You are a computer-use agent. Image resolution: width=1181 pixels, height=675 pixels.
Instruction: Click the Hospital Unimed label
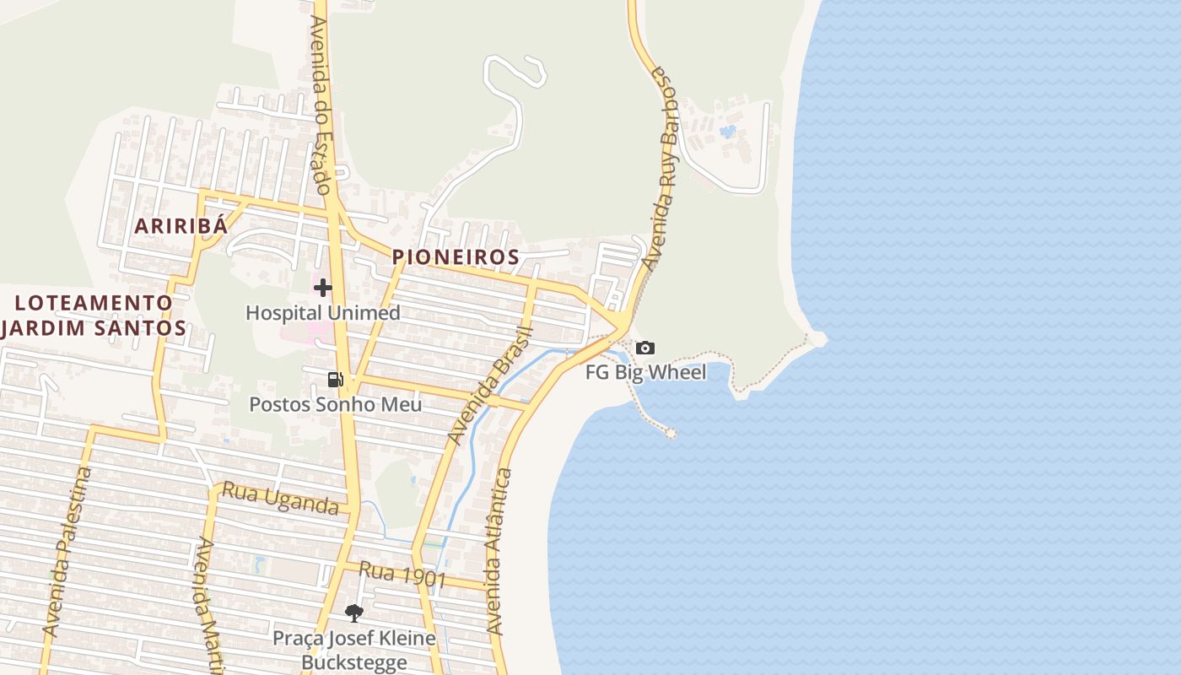point(322,313)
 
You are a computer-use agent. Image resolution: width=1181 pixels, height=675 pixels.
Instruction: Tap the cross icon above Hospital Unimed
point(322,288)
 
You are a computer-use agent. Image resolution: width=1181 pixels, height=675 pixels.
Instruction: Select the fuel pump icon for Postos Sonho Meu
point(336,380)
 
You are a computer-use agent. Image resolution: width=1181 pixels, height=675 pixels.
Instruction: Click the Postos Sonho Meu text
point(335,404)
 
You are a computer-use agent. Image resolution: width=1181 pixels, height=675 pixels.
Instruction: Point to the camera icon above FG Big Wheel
point(645,348)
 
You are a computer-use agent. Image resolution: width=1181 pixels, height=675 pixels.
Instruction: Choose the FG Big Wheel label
point(645,372)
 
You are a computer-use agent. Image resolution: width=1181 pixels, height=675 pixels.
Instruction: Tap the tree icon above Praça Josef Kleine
point(353,613)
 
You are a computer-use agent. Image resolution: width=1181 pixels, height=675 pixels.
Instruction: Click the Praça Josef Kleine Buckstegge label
point(353,650)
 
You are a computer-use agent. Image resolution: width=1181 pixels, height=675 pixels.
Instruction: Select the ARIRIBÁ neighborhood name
point(181,226)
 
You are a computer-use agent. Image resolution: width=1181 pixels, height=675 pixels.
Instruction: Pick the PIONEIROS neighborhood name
point(455,256)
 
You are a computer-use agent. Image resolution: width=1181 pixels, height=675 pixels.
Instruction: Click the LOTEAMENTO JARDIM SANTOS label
point(94,315)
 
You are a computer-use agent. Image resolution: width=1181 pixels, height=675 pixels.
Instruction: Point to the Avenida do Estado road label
point(321,105)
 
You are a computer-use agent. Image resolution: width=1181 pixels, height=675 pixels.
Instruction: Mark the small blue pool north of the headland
point(728,132)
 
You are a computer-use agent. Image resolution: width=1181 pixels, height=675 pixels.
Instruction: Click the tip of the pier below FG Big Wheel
point(671,433)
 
